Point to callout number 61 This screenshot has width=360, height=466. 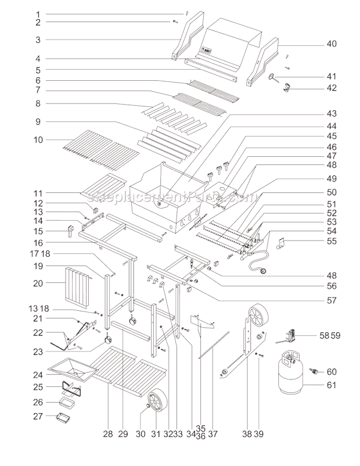pyautogui.click(x=332, y=384)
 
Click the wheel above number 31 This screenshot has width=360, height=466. pyautogui.click(x=156, y=403)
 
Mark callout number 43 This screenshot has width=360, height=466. pyautogui.click(x=332, y=113)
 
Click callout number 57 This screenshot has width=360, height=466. pyautogui.click(x=332, y=302)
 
